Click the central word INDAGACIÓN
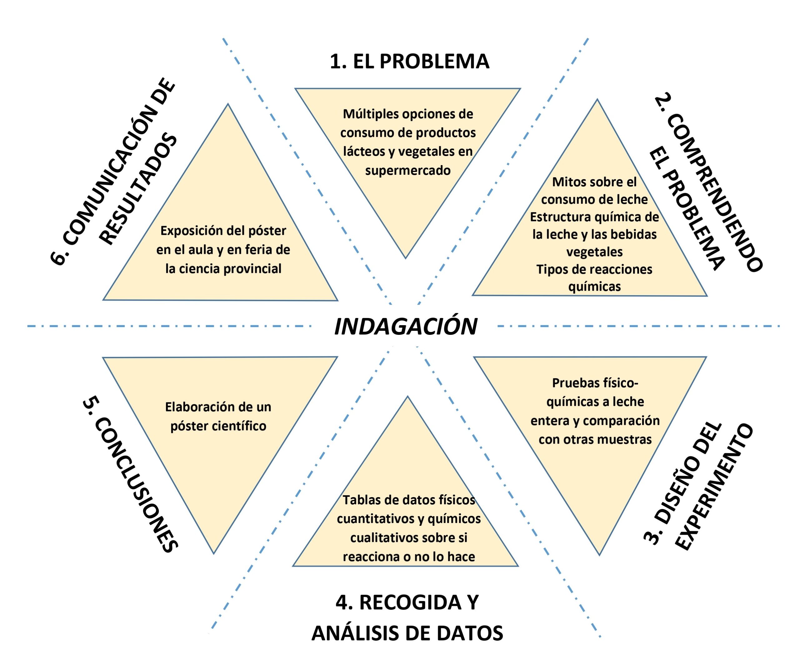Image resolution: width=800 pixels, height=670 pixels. (405, 327)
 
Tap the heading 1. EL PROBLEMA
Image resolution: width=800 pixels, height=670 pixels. (409, 61)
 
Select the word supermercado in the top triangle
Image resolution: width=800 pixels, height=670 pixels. (407, 170)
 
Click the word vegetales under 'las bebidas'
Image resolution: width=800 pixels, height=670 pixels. (594, 252)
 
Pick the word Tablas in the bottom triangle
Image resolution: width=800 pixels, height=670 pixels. (360, 500)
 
